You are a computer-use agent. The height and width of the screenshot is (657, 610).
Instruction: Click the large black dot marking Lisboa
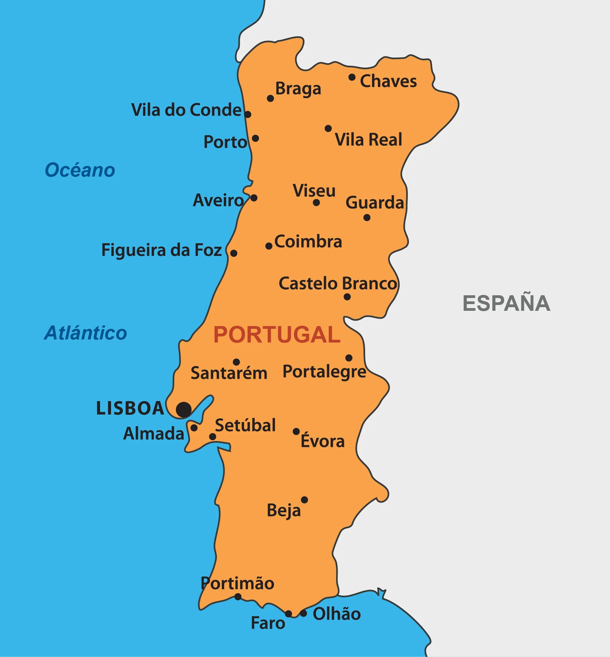(x=184, y=410)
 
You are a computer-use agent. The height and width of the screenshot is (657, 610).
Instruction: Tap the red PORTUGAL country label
(x=277, y=335)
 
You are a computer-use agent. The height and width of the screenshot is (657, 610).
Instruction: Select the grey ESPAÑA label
(x=506, y=303)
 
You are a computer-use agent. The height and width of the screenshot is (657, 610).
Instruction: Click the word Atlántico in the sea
(x=85, y=333)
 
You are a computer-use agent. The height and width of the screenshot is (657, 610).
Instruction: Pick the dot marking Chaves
(x=352, y=77)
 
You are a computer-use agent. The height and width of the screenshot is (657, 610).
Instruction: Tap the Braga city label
(x=298, y=89)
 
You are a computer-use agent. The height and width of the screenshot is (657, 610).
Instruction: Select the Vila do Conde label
(x=186, y=110)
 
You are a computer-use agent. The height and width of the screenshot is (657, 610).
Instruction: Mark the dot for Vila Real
(x=328, y=128)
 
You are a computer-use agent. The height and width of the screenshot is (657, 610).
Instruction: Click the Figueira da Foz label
(x=161, y=250)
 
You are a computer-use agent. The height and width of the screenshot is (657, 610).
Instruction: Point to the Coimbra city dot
(x=269, y=246)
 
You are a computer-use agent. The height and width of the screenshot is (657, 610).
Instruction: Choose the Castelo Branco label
(x=338, y=284)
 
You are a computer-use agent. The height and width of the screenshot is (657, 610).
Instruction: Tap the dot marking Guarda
(x=367, y=217)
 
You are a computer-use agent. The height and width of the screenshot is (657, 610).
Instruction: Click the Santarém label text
(x=229, y=373)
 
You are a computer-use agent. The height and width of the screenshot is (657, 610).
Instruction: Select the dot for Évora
(x=296, y=432)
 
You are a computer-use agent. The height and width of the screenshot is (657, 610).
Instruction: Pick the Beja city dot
(x=304, y=500)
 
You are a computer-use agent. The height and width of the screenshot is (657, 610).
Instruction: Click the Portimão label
(x=237, y=584)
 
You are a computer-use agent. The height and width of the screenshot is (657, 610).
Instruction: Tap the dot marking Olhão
(x=303, y=613)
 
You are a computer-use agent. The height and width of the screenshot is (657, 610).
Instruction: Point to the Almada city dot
(x=194, y=428)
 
